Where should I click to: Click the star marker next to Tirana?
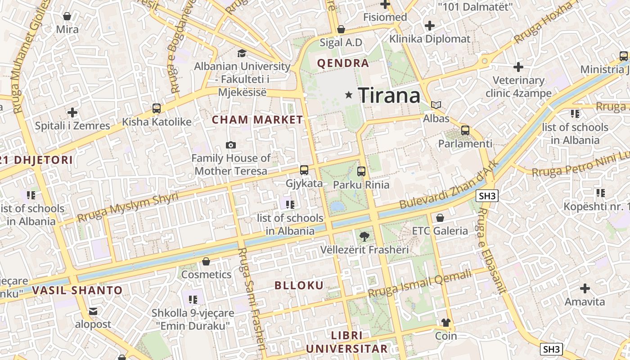(x=348, y=95)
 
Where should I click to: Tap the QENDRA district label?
(x=343, y=63)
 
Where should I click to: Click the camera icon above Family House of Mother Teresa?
(x=231, y=145)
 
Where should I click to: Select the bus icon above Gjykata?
(x=304, y=170)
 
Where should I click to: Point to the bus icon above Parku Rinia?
(x=361, y=171)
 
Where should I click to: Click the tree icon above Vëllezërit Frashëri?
(x=364, y=236)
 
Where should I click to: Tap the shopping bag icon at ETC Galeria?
(x=440, y=218)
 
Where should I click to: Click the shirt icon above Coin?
(x=445, y=322)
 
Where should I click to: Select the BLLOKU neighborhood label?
(x=299, y=285)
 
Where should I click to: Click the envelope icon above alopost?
(x=93, y=311)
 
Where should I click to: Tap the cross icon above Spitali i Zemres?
(x=72, y=112)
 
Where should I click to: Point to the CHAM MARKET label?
(x=257, y=120)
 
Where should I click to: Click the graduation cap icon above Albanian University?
(x=242, y=53)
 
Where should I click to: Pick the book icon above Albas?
(x=436, y=105)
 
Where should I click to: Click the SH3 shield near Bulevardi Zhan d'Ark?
(x=488, y=196)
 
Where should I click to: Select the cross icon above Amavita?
(x=585, y=288)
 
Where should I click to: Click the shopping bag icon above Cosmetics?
(x=206, y=261)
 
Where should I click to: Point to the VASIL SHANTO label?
(x=77, y=290)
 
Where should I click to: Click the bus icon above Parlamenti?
(x=465, y=130)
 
